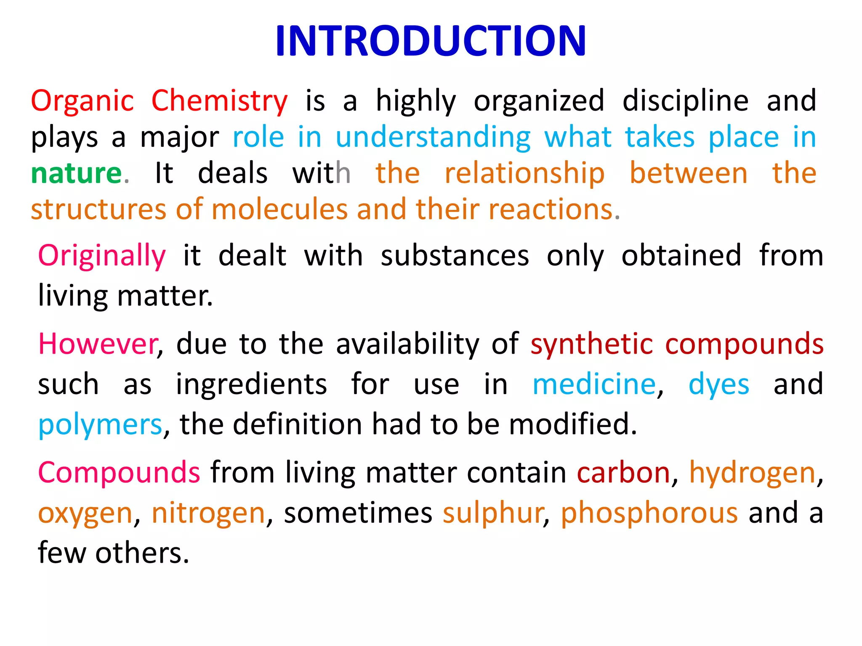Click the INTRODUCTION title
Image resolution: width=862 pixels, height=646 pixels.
(x=431, y=41)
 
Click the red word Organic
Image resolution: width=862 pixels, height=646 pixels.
(x=82, y=101)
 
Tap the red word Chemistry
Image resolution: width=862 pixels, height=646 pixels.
(x=219, y=101)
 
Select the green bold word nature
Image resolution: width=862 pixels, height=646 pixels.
(x=77, y=173)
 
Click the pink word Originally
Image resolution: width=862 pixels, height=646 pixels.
(x=102, y=256)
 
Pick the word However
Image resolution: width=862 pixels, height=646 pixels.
(x=98, y=344)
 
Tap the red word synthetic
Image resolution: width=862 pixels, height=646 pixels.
(x=592, y=344)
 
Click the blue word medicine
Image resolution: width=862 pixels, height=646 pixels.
(x=594, y=384)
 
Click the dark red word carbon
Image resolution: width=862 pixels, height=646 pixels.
(x=623, y=473)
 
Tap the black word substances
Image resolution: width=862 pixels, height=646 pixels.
(x=455, y=256)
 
